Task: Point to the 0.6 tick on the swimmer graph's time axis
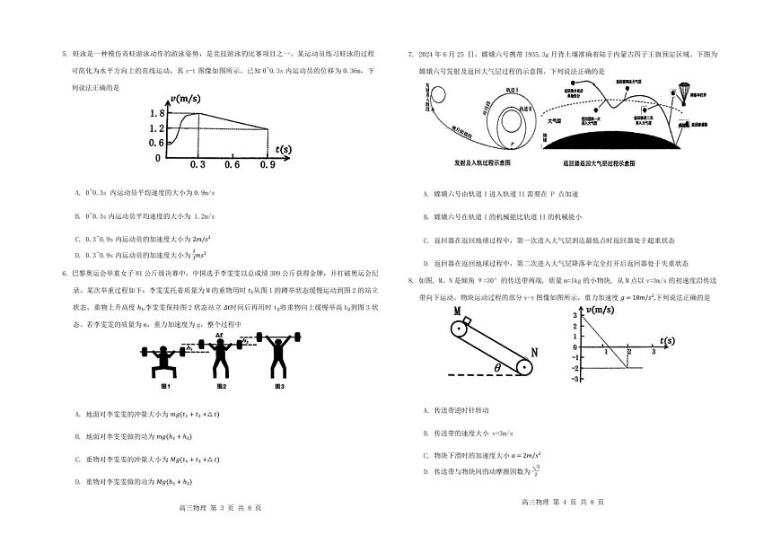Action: click(x=232, y=165)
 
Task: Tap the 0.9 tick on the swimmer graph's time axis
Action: click(x=267, y=165)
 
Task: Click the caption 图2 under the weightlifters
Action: click(x=221, y=386)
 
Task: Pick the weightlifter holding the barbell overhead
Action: click(x=278, y=355)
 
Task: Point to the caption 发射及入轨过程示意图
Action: click(x=482, y=163)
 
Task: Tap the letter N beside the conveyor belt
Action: click(x=535, y=353)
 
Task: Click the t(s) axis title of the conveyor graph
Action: click(x=667, y=341)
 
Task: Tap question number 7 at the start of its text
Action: click(x=409, y=55)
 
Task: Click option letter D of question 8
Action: click(x=425, y=471)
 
